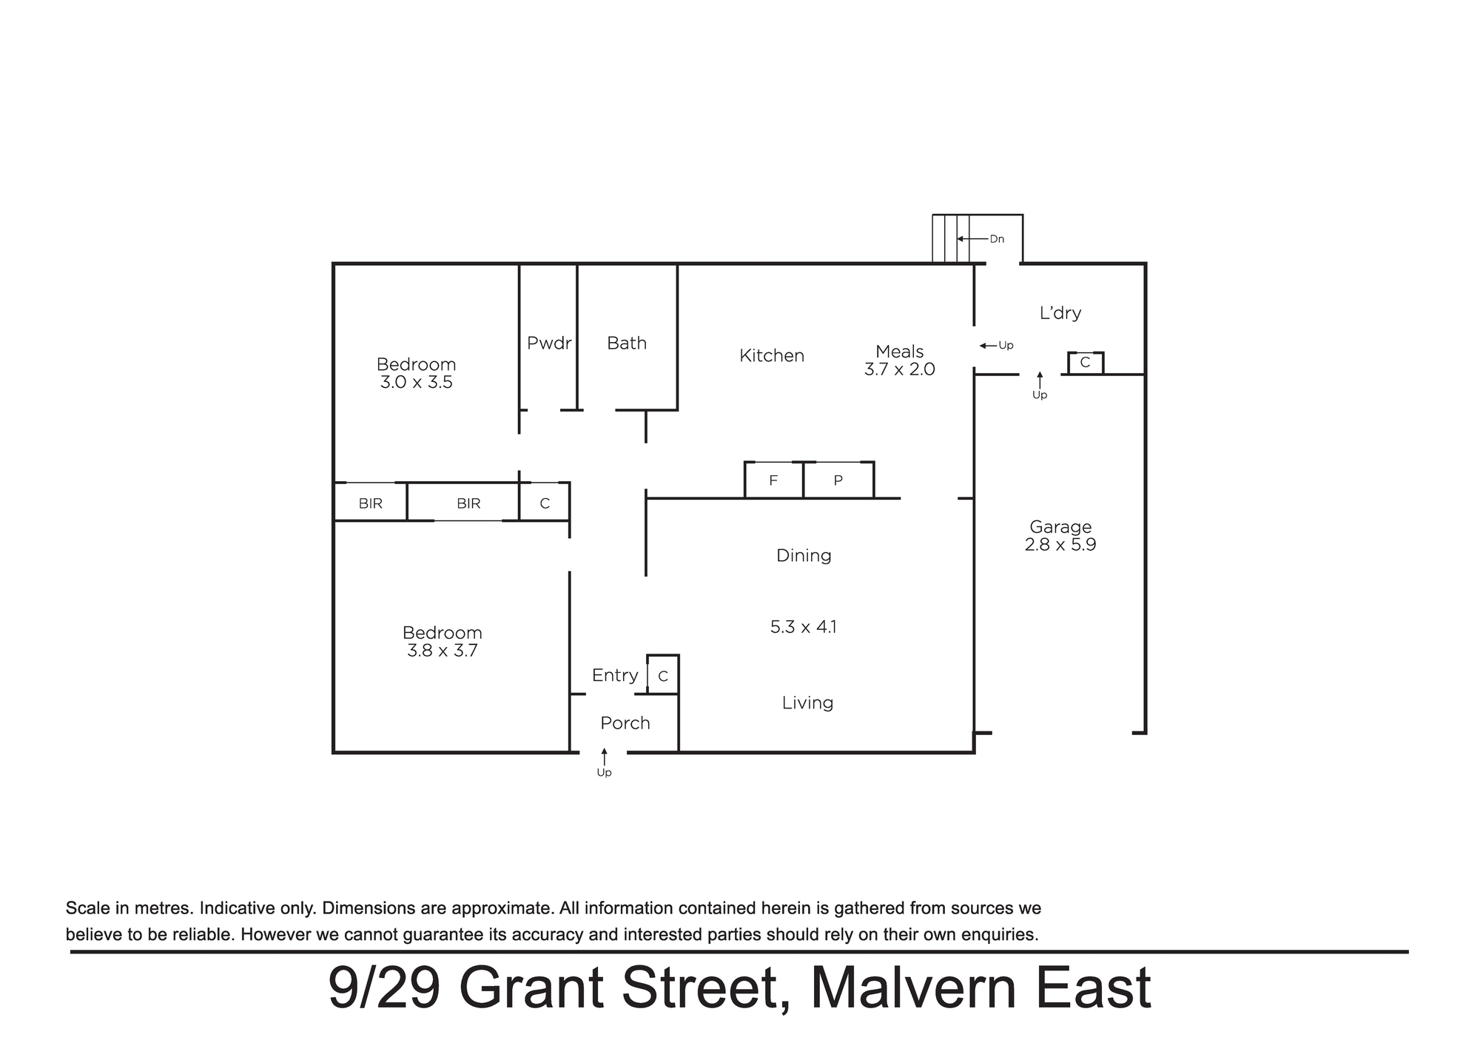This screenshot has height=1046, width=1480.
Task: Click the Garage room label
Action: tap(1060, 527)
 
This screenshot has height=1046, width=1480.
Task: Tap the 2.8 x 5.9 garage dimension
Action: tap(1060, 545)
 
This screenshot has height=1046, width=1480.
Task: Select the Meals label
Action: tap(900, 352)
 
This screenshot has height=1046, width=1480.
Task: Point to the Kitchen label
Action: tap(772, 356)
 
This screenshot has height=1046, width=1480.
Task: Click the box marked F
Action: tap(773, 480)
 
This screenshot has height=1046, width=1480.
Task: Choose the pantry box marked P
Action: tap(838, 480)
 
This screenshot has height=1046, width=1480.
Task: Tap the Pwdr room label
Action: tap(549, 343)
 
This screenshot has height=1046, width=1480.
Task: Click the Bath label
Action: tap(627, 343)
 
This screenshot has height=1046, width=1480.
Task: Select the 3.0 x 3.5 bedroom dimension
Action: tap(417, 383)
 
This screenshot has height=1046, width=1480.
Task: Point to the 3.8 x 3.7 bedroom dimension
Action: tap(443, 651)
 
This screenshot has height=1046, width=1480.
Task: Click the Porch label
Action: tap(625, 723)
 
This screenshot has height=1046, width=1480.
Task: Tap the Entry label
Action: tap(615, 675)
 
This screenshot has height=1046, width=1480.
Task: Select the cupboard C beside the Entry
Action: tap(663, 675)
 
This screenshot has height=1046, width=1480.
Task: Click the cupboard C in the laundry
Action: tap(1086, 363)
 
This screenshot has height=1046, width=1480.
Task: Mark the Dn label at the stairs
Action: tap(997, 239)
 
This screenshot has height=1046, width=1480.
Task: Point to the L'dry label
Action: tap(1060, 313)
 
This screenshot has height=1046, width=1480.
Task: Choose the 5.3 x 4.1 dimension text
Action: tap(804, 627)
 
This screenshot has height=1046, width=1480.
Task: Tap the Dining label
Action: tap(804, 556)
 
